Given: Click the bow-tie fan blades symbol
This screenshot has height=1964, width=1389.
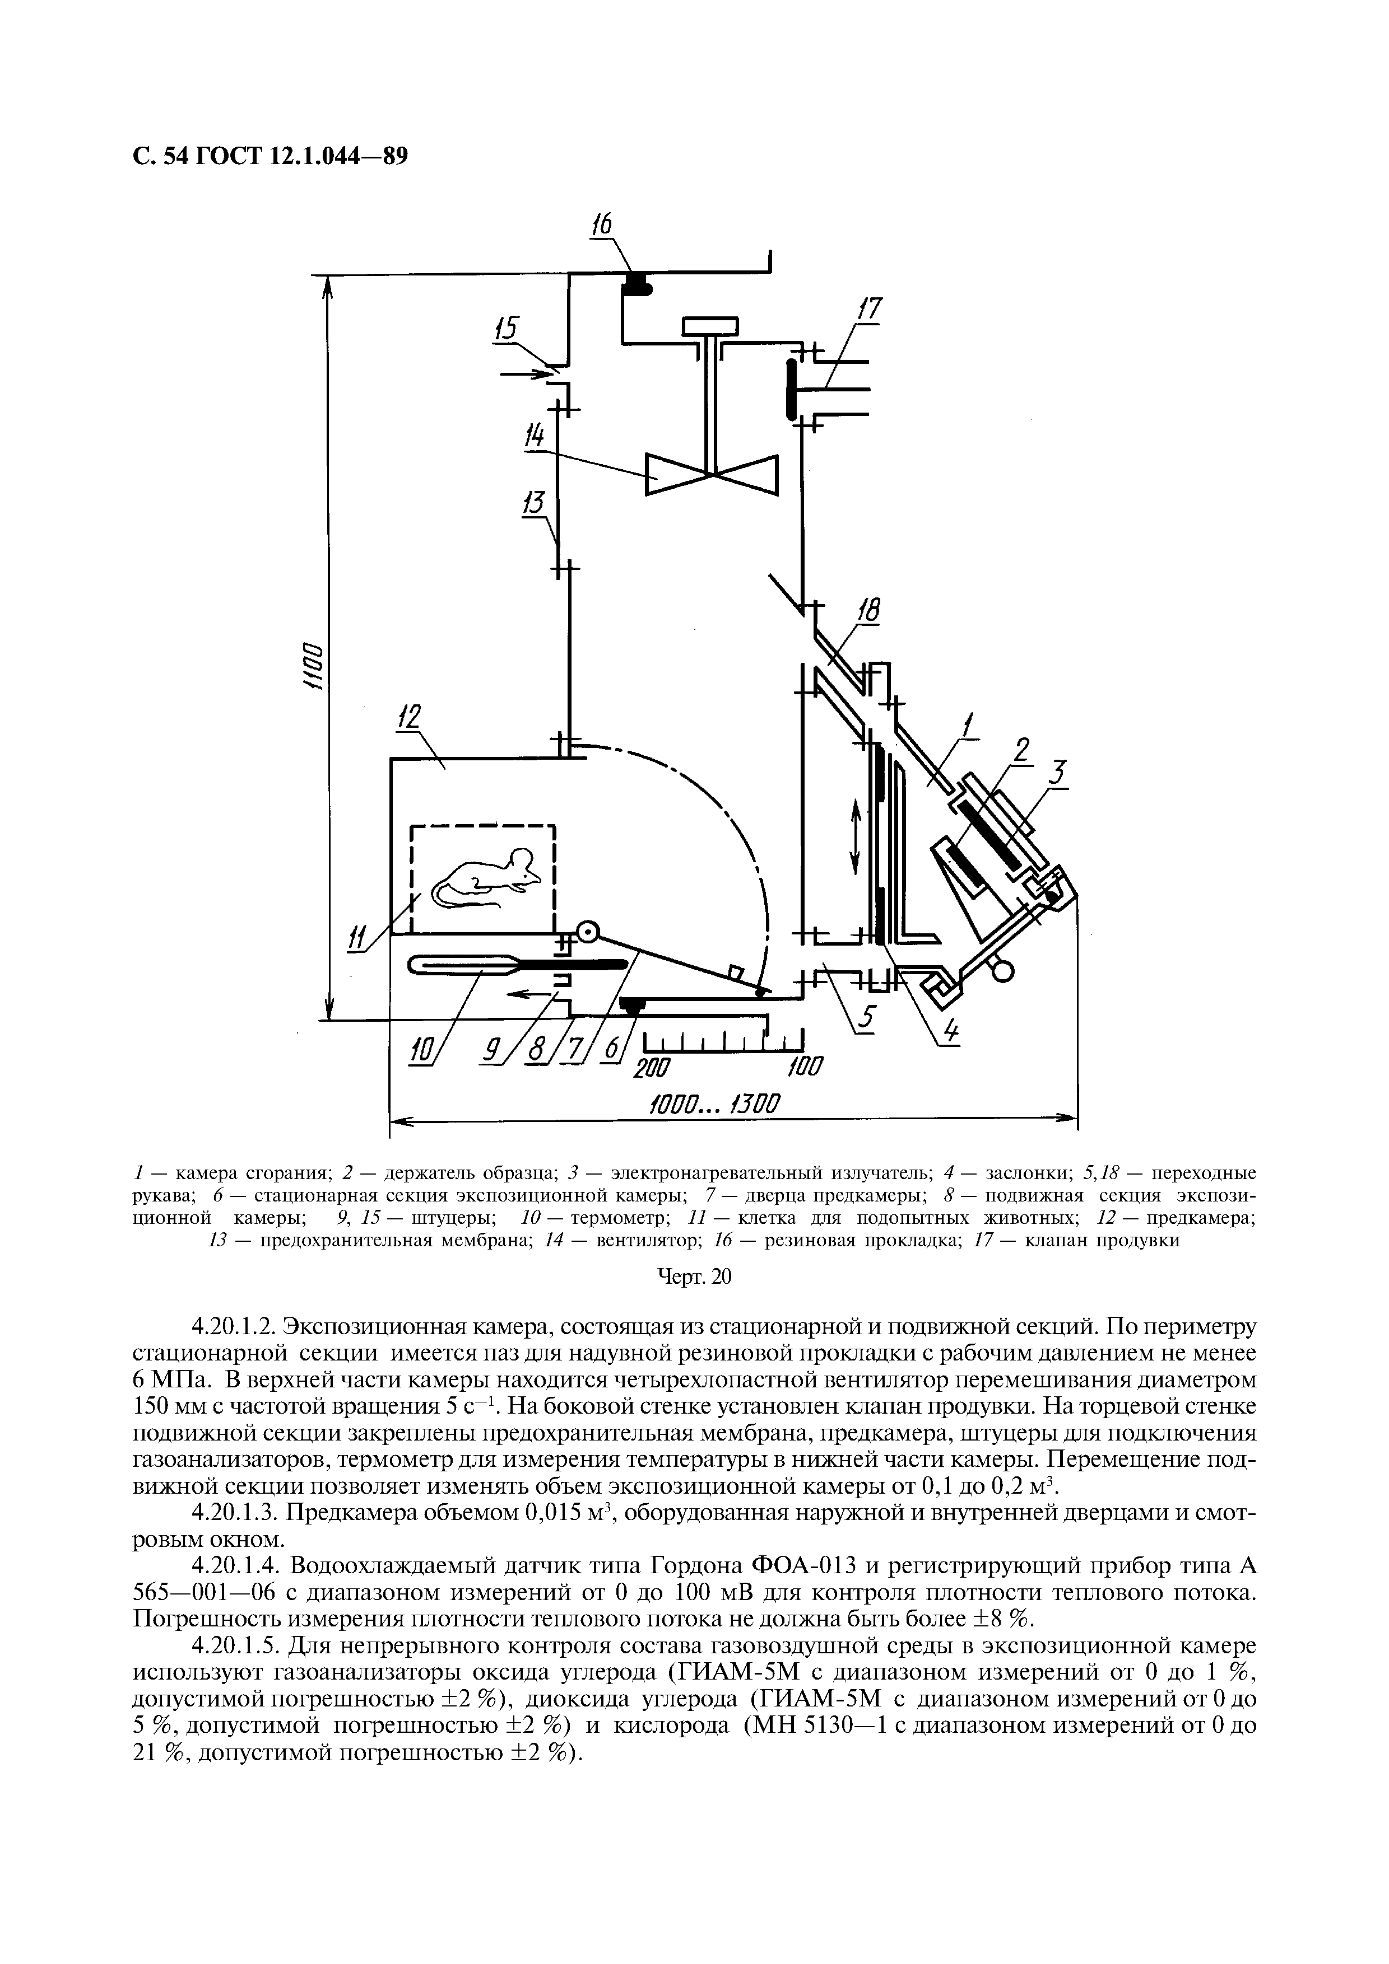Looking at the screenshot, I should click(x=712, y=474).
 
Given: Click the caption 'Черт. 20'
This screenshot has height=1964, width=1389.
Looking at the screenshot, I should click(x=694, y=1277).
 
